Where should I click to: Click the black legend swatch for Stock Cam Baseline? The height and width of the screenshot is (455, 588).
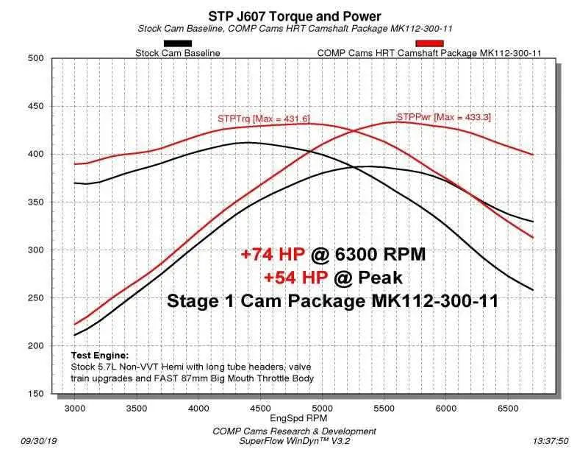point(177,43)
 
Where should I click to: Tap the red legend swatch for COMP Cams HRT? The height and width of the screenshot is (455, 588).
point(429,43)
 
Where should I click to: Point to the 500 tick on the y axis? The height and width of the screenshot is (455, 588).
point(37,59)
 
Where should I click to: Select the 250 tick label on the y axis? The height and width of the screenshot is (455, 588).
point(37,298)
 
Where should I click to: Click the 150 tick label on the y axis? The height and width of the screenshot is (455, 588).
point(37,394)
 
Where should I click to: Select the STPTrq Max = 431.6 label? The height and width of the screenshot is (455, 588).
point(263,118)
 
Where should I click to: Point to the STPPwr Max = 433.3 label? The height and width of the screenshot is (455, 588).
point(444,116)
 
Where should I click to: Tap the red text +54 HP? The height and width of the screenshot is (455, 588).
point(296,277)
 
